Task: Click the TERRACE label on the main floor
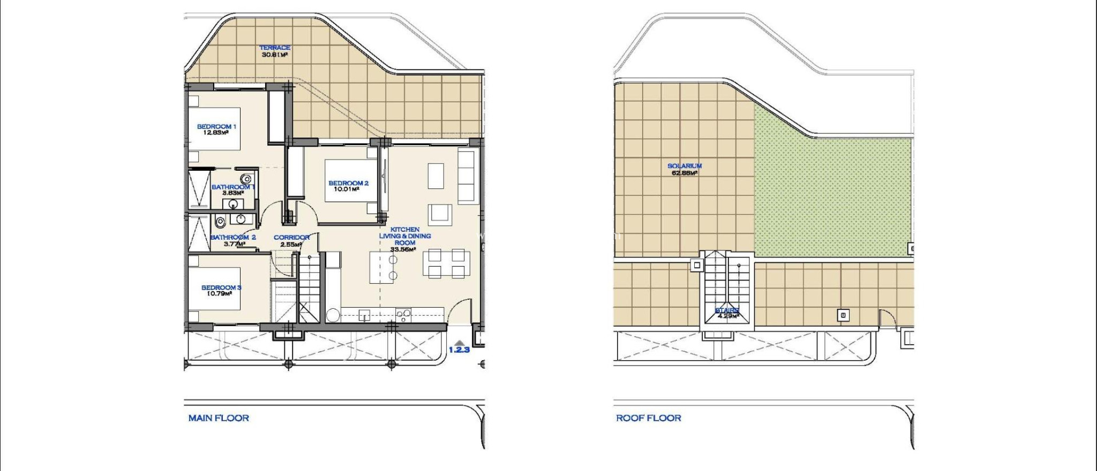click(x=275, y=48)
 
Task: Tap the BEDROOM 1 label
click(x=216, y=127)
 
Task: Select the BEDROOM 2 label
click(x=348, y=183)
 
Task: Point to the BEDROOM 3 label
click(x=221, y=287)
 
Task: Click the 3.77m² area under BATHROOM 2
click(x=234, y=244)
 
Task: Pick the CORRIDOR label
click(x=291, y=238)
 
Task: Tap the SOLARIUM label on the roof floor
click(x=684, y=166)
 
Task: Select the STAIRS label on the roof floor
click(x=727, y=310)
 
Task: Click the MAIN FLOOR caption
click(x=219, y=418)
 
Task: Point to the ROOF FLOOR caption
click(x=648, y=418)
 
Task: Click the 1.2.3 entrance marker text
click(x=459, y=350)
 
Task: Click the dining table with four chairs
click(x=444, y=263)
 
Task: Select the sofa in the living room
click(x=467, y=176)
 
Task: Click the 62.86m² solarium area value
click(x=684, y=173)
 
